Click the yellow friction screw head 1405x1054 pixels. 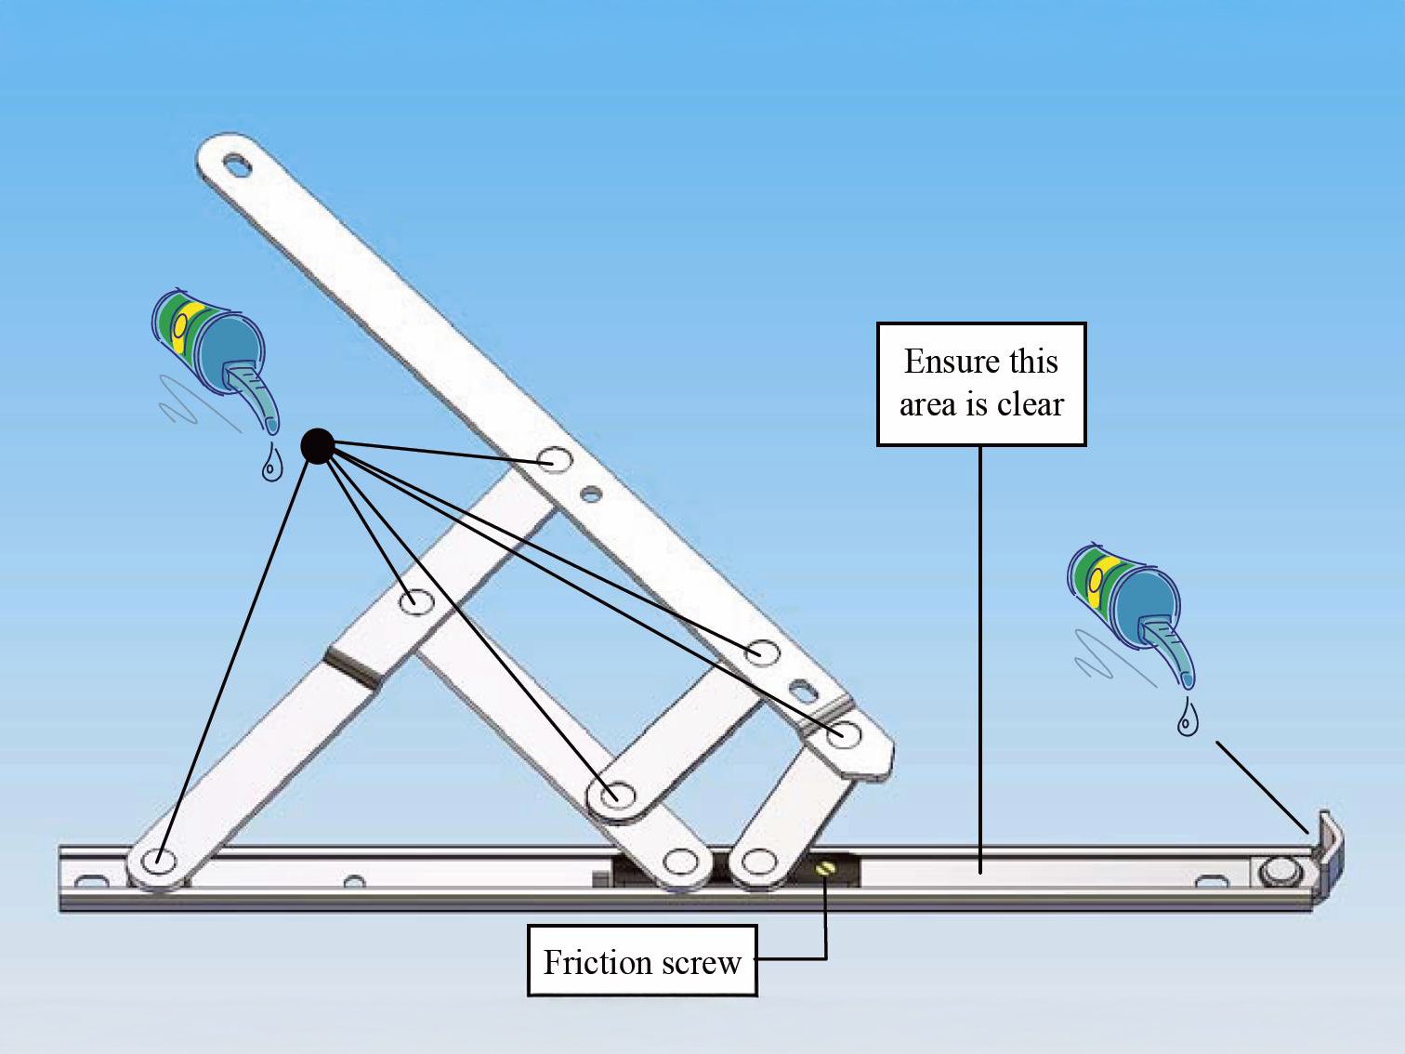pos(824,868)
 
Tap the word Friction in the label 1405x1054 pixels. pos(597,962)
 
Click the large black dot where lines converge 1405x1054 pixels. pos(318,446)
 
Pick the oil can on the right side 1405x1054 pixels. pos(1130,613)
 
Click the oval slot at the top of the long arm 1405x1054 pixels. pos(237,165)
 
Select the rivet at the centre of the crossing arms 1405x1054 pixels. pos(416,601)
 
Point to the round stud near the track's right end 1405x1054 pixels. pos(1277,872)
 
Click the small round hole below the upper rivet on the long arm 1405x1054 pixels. pos(591,494)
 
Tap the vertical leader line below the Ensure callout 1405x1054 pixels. pos(980,659)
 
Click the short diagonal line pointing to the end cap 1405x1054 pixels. pos(1262,788)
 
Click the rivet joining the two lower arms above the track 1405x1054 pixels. pos(617,797)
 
